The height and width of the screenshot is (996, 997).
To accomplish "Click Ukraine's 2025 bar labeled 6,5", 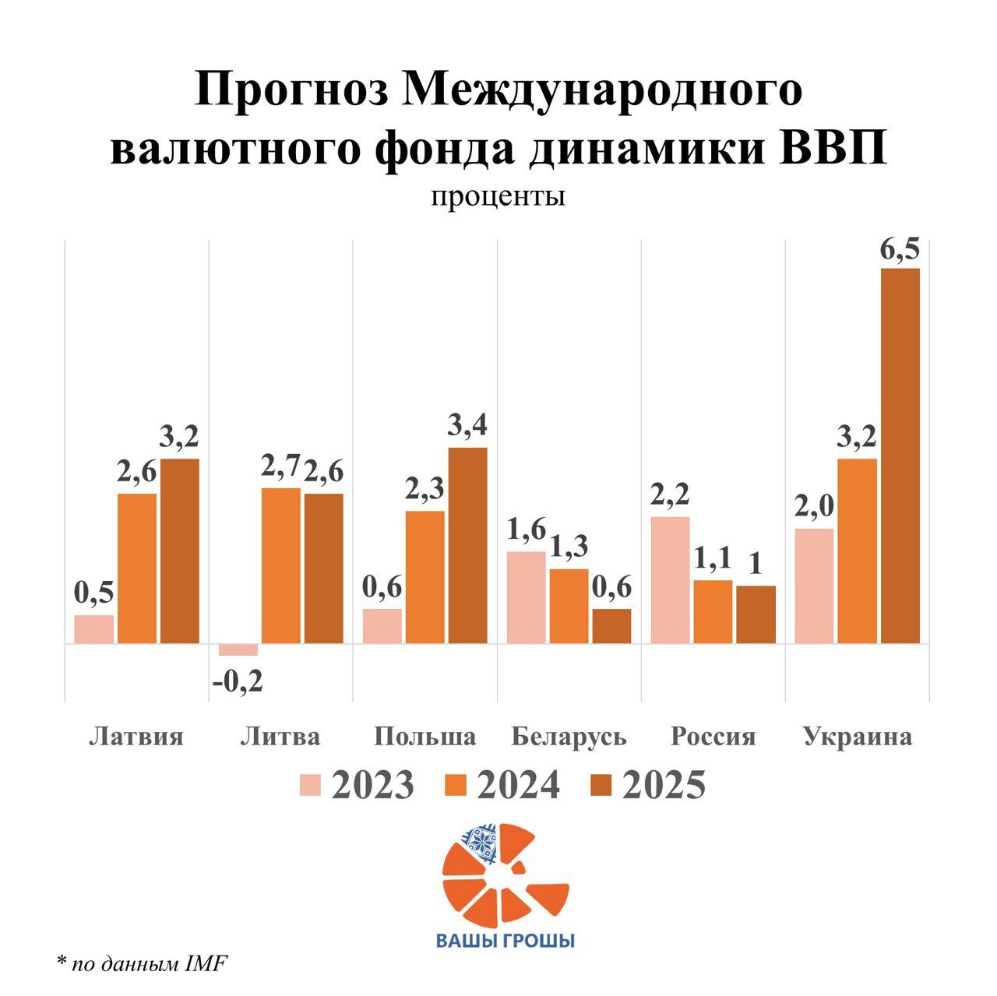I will (x=900, y=456).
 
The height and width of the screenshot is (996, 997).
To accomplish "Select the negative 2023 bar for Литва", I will (x=238, y=650).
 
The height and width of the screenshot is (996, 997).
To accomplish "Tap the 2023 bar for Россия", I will (x=670, y=579).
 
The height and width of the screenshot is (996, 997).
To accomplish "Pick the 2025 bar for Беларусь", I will (x=611, y=626).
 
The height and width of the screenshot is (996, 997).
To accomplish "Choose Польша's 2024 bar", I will (x=425, y=577).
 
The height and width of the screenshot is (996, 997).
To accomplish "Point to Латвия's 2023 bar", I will (x=94, y=629).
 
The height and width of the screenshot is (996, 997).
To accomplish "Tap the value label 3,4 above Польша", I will (x=467, y=426).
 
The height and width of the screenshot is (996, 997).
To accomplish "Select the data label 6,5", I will (x=900, y=251).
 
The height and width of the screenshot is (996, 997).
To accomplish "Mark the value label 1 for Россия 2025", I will (x=756, y=563).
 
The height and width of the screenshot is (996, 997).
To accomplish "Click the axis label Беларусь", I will (x=569, y=736).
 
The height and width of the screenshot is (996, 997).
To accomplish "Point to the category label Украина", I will (x=857, y=736).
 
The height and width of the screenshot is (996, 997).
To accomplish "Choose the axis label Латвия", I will (x=136, y=736).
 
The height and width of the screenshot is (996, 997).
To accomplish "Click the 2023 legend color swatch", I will (x=310, y=785).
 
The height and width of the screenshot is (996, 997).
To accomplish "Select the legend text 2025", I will (x=664, y=785).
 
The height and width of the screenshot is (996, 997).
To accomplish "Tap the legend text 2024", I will (x=518, y=785).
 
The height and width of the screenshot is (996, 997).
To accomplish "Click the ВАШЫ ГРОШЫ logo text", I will (x=505, y=940).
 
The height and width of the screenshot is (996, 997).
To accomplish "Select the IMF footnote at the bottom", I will (x=142, y=964).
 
